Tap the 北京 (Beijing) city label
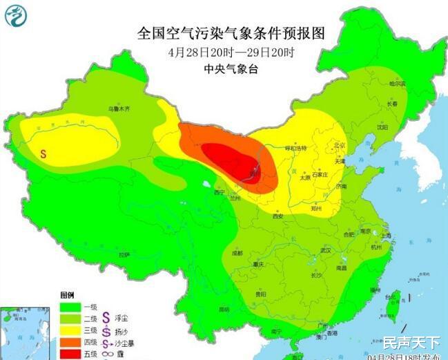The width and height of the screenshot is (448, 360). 338,145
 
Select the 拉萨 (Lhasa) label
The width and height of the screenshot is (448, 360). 124,254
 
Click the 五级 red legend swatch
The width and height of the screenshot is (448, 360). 70,354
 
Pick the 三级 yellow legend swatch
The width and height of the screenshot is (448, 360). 70,330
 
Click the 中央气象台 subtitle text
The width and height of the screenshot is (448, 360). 227,68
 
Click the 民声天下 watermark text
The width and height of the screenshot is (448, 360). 411,342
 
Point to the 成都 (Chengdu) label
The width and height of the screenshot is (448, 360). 237,253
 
